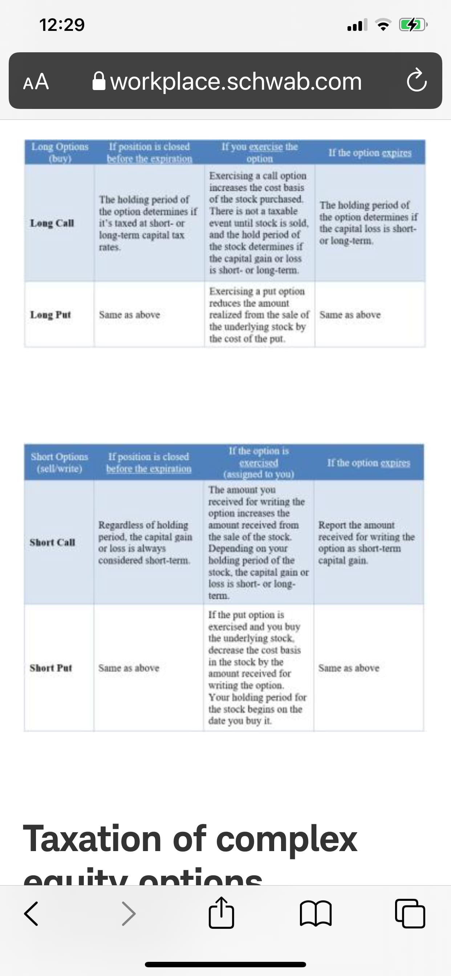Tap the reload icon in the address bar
pyautogui.click(x=417, y=80)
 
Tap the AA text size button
pyautogui.click(x=36, y=81)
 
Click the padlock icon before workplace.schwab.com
pyautogui.click(x=99, y=81)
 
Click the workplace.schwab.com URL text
pyautogui.click(x=236, y=81)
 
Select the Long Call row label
pyautogui.click(x=52, y=223)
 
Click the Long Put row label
pyautogui.click(x=50, y=314)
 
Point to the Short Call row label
pyautogui.click(x=52, y=542)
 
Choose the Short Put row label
pyautogui.click(x=51, y=668)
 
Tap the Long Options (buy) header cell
pyautogui.click(x=60, y=152)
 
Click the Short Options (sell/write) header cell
pyautogui.click(x=59, y=462)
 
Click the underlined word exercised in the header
pyautogui.click(x=259, y=463)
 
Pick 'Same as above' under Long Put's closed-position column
pyautogui.click(x=129, y=314)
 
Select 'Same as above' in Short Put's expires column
pyautogui.click(x=349, y=668)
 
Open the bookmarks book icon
pyautogui.click(x=316, y=914)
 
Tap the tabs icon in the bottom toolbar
pyautogui.click(x=410, y=914)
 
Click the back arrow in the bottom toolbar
pyautogui.click(x=31, y=914)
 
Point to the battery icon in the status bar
pyautogui.click(x=413, y=25)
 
